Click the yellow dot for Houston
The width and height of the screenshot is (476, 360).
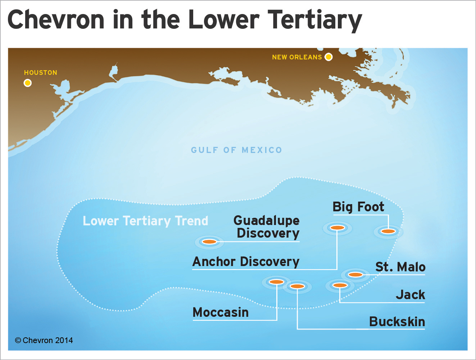pyautogui.click(x=27, y=83)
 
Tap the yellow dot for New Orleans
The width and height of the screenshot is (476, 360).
pyautogui.click(x=328, y=57)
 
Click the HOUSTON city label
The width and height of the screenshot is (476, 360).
pyautogui.click(x=41, y=73)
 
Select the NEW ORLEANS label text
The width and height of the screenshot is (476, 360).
pyautogui.click(x=297, y=57)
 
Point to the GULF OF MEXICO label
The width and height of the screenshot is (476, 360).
pyautogui.click(x=236, y=150)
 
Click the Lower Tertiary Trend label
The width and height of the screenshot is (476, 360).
pyautogui.click(x=145, y=221)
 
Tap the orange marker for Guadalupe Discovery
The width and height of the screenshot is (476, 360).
pyautogui.click(x=209, y=242)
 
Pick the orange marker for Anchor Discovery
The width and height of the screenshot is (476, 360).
pyautogui.click(x=337, y=228)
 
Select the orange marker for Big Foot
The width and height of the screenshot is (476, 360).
pyautogui.click(x=388, y=231)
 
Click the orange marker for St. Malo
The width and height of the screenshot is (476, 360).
pyautogui.click(x=355, y=275)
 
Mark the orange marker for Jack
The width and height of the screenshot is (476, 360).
pyautogui.click(x=340, y=285)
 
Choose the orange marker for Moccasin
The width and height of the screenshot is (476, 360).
pyautogui.click(x=276, y=282)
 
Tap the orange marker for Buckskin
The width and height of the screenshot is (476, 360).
pyautogui.click(x=297, y=286)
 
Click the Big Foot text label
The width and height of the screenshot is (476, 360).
pyautogui.click(x=358, y=207)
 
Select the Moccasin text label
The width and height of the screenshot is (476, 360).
pyautogui.click(x=221, y=312)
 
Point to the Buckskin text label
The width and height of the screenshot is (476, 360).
pyautogui.click(x=397, y=321)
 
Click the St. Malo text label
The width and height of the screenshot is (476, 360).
pyautogui.click(x=400, y=267)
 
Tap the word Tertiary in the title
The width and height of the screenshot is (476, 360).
pyautogui.click(x=314, y=20)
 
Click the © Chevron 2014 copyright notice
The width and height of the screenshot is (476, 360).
pyautogui.click(x=44, y=340)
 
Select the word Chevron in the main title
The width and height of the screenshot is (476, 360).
pyautogui.click(x=56, y=20)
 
